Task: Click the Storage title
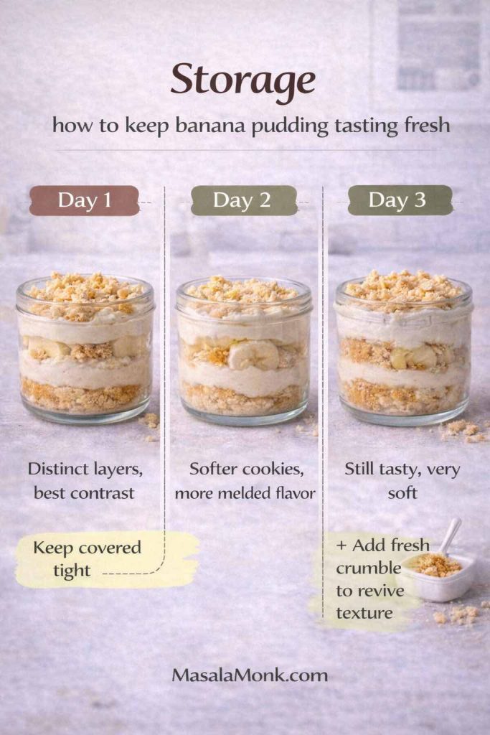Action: point(242,81)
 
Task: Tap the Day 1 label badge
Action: point(84,200)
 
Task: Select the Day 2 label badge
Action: point(243,200)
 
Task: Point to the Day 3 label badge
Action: point(400,200)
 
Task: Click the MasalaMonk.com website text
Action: point(250,675)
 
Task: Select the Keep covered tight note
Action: point(88,559)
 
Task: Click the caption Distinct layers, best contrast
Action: point(84,481)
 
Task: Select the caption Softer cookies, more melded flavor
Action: point(244,481)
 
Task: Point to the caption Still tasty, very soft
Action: point(402,481)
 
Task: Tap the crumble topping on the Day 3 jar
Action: point(403,285)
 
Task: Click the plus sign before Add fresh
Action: point(341,546)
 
